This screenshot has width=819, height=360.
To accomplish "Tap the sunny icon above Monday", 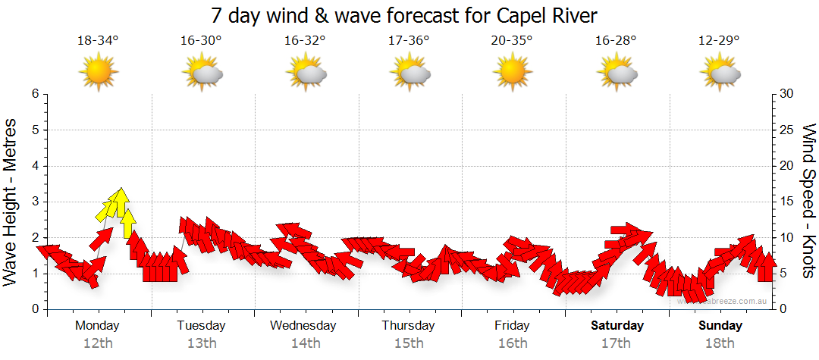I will click(x=99, y=73).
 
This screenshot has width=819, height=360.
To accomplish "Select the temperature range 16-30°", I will click(x=201, y=41).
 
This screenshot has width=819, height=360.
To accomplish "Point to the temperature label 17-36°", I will click(x=409, y=41).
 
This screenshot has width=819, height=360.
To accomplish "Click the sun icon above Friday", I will click(x=512, y=73).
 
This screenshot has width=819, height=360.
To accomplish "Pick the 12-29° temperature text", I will click(x=720, y=41).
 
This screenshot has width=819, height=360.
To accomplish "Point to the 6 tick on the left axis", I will click(x=35, y=94).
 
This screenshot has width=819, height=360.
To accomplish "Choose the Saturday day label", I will click(x=617, y=326).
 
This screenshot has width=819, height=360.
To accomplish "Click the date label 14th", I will click(x=305, y=343).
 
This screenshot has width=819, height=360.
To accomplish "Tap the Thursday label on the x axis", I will click(x=408, y=326).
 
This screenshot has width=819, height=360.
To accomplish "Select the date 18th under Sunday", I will click(x=720, y=343).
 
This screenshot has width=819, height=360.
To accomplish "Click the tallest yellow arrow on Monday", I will click(x=118, y=202).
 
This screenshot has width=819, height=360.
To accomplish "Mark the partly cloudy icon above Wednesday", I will click(x=306, y=73).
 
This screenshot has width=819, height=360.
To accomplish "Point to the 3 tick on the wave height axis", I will click(x=35, y=202).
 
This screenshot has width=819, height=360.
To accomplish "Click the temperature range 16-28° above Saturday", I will click(x=616, y=41).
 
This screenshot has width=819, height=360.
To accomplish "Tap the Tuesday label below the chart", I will click(x=201, y=326).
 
